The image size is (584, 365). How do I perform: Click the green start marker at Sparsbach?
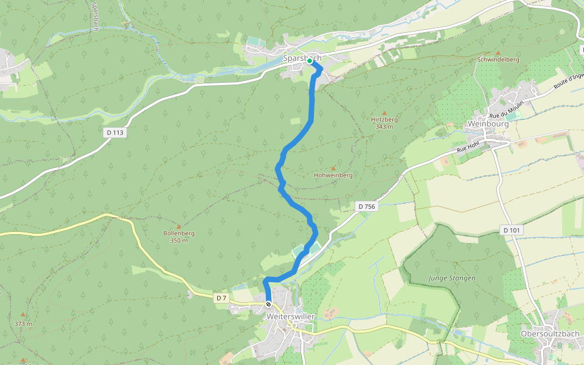point(310,61)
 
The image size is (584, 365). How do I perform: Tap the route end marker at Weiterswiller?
point(268,304)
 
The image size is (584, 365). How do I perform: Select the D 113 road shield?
point(115,133)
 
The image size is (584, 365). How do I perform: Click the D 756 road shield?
point(367,207)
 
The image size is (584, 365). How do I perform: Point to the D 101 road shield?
point(513,230)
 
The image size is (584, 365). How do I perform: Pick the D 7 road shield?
point(221,298)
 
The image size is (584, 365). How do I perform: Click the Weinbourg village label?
point(488,123)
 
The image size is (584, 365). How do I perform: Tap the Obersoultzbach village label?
point(549,334)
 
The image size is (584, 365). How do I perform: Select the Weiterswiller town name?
point(290,317)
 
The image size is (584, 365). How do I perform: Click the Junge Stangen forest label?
point(452,278)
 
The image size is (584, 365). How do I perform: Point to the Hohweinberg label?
point(333,175)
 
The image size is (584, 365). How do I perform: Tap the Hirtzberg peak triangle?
point(384,113)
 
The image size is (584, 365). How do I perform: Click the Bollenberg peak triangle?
point(179,226)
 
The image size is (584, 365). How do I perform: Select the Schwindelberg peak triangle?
point(498,53)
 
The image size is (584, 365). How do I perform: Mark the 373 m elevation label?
point(23,324)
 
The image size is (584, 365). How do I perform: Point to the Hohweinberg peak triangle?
point(333,167)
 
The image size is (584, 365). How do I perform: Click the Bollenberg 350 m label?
point(179,237)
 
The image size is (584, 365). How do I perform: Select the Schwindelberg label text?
point(498,60)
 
